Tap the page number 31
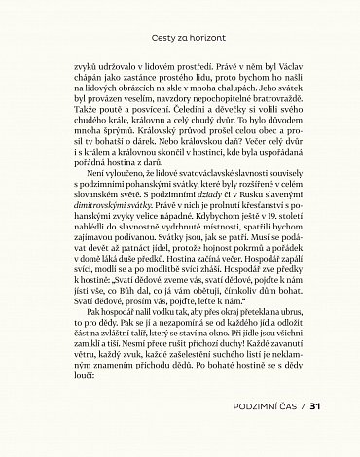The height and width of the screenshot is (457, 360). [314, 405]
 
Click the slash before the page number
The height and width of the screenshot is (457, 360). [302, 405]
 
